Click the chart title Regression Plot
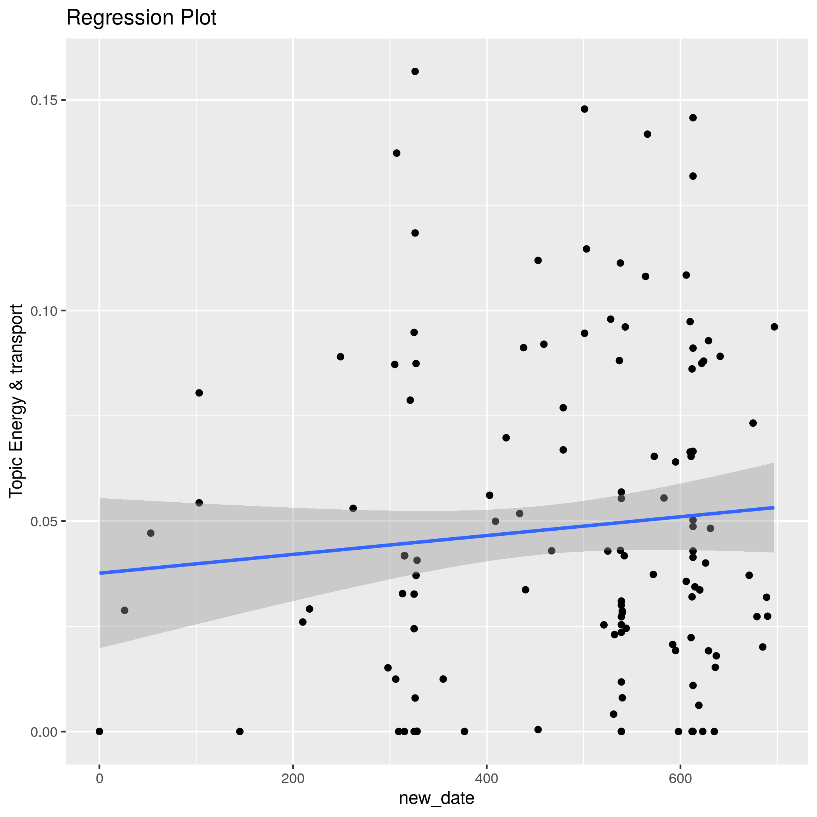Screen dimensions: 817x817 tap(141, 18)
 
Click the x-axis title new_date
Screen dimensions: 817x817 tap(437, 798)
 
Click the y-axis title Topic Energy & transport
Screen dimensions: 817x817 tap(16, 400)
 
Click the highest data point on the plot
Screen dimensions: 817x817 tap(415, 72)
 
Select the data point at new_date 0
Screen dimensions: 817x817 tap(99, 731)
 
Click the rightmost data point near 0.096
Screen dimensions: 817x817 tap(774, 327)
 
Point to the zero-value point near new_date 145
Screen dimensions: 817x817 tap(240, 731)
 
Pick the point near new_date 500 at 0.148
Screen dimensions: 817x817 tap(584, 109)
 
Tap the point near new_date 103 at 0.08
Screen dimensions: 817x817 tap(199, 393)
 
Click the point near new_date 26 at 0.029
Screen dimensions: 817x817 tap(124, 610)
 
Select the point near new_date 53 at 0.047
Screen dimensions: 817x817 tap(151, 533)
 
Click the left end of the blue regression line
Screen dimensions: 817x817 tap(100, 573)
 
